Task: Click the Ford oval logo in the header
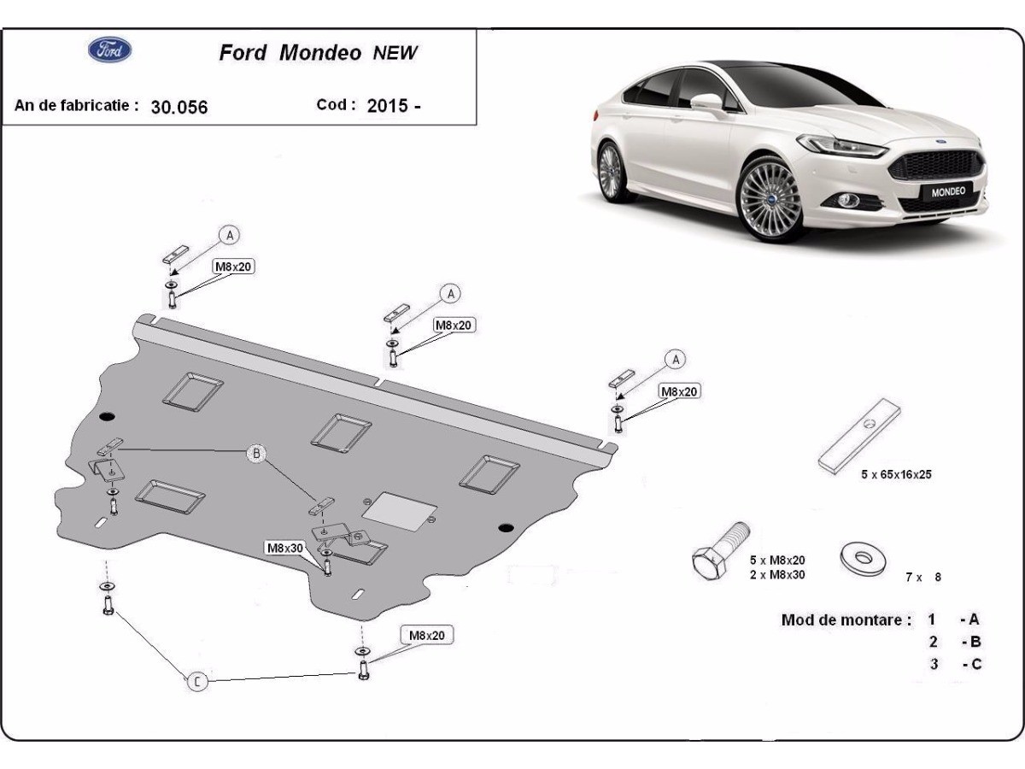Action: pos(110,50)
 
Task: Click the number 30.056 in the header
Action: pos(179,108)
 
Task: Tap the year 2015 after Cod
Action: pos(386,107)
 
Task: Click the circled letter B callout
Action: pos(256,454)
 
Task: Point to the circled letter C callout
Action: pos(197,681)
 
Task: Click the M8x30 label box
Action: pos(284,548)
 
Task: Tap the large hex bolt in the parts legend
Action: pos(719,553)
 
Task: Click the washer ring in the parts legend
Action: pos(862,558)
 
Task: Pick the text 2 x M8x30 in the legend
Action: pos(777,574)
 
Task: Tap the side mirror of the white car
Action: pos(707,103)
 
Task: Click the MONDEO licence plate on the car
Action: pos(947,191)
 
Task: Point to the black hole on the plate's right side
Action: pos(506,526)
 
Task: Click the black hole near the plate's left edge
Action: pos(106,416)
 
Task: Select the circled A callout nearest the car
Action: pos(676,360)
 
